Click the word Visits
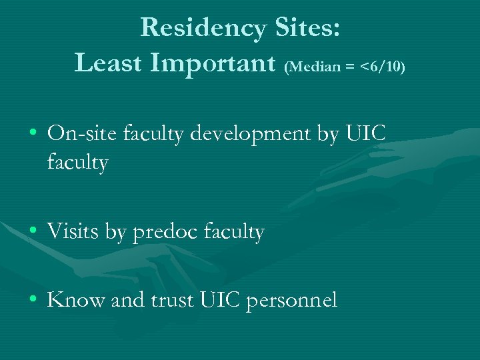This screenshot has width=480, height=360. pyautogui.click(x=74, y=231)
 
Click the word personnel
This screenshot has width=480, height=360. pyautogui.click(x=292, y=301)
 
